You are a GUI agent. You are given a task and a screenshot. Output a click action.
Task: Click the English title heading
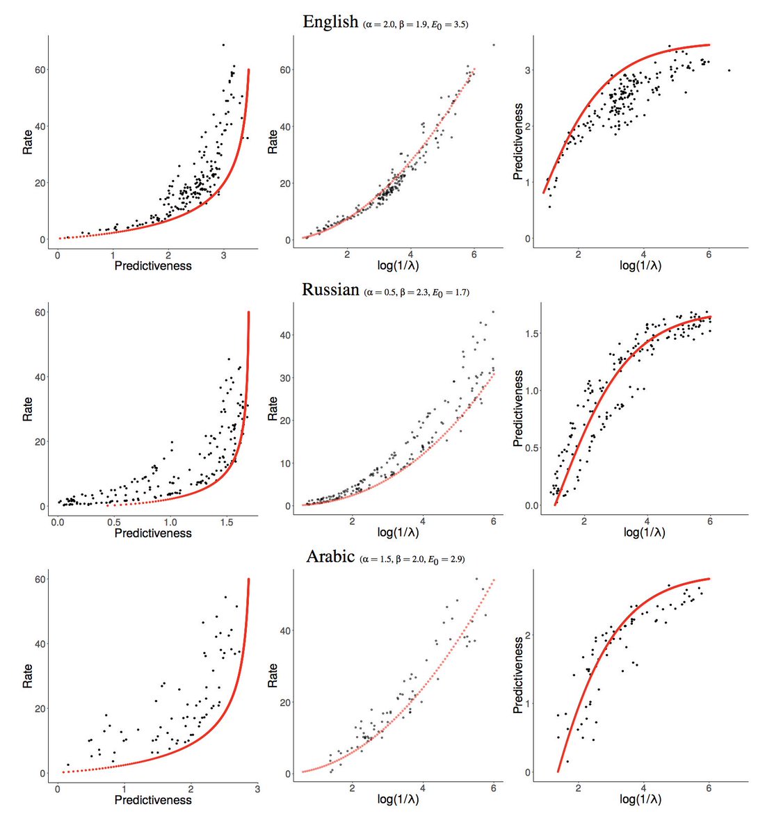tap(330, 22)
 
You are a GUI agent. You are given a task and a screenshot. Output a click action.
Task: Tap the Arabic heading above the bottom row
tap(330, 557)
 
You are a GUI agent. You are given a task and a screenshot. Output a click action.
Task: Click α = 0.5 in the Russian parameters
tap(380, 293)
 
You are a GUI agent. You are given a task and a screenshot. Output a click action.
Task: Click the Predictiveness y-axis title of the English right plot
tap(518, 142)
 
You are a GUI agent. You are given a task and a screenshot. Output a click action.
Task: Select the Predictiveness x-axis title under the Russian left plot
tap(152, 533)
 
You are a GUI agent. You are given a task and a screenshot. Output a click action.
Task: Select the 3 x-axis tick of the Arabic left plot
tap(257, 788)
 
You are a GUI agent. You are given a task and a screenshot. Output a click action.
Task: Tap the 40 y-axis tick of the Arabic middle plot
tap(284, 630)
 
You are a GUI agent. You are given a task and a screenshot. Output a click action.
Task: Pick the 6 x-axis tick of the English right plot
tap(709, 254)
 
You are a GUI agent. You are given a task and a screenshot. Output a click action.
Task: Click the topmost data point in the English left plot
tap(223, 45)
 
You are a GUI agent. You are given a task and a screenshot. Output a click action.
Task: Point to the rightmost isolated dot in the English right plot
tap(729, 70)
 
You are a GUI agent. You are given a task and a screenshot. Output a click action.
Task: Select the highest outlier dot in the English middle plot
tap(494, 45)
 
